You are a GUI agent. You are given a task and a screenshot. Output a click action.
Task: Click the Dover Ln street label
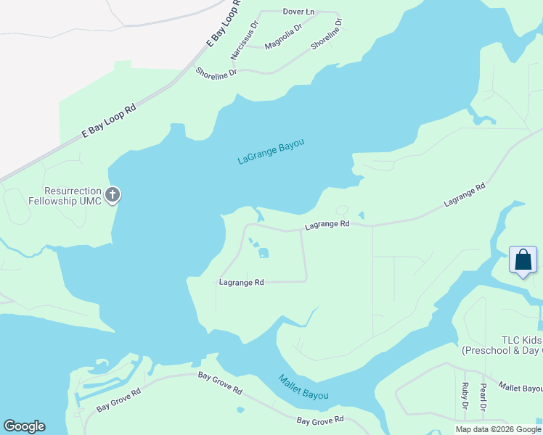(x=298, y=12)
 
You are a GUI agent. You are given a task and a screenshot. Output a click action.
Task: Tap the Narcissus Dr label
(x=244, y=41)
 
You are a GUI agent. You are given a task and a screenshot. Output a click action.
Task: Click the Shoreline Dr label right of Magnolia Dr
(x=326, y=34)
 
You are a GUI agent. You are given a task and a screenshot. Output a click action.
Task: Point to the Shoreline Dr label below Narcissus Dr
(x=216, y=72)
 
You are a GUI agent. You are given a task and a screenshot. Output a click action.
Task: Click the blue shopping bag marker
(x=523, y=260)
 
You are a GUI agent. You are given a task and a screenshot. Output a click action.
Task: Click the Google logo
(x=24, y=426)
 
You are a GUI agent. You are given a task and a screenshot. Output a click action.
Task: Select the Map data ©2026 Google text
(x=497, y=429)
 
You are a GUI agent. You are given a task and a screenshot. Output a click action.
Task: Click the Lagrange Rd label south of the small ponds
(x=241, y=282)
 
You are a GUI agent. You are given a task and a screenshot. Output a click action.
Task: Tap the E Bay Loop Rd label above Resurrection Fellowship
(x=109, y=120)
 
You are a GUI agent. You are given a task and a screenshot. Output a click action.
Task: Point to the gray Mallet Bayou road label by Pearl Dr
(x=521, y=389)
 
